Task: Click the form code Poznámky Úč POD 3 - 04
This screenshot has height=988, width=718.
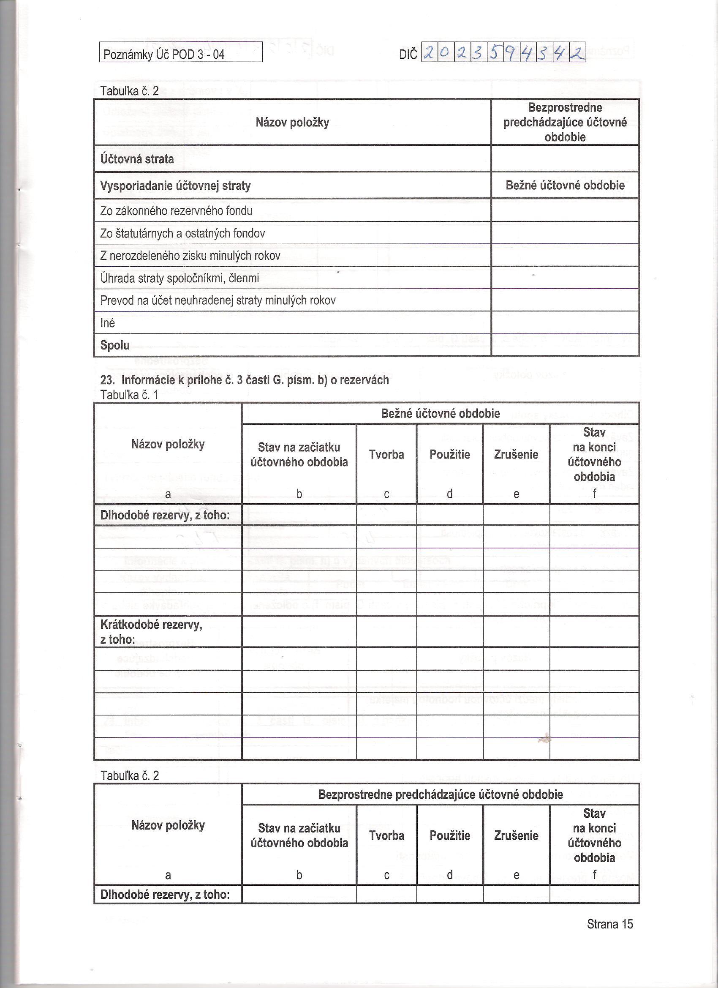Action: tap(164, 55)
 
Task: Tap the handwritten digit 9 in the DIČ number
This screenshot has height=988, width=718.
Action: tap(511, 53)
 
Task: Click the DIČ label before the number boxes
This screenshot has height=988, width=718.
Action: tap(408, 55)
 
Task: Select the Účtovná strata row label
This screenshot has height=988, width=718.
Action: tap(137, 159)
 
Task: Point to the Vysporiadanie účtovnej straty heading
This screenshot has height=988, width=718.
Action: tap(175, 186)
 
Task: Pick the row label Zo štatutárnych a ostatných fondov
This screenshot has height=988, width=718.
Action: tap(182, 234)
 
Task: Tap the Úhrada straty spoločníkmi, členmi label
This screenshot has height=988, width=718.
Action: tap(179, 278)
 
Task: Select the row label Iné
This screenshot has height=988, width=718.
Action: tap(108, 323)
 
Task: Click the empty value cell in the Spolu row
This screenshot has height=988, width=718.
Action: tap(565, 345)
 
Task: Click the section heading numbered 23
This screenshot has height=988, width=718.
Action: tap(244, 380)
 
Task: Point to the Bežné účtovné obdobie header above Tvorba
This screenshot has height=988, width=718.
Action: tap(440, 413)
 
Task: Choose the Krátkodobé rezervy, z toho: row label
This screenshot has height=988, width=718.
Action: tap(151, 632)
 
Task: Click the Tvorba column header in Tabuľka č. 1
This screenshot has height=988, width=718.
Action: tap(386, 454)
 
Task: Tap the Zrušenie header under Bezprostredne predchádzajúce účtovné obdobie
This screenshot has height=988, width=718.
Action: tap(516, 835)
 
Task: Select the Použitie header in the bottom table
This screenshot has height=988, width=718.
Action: tap(449, 835)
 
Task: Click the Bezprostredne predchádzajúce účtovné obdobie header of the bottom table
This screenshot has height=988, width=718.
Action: tap(440, 794)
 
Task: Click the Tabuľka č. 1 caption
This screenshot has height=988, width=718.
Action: tap(129, 395)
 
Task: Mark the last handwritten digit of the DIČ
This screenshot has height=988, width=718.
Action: tap(577, 53)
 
